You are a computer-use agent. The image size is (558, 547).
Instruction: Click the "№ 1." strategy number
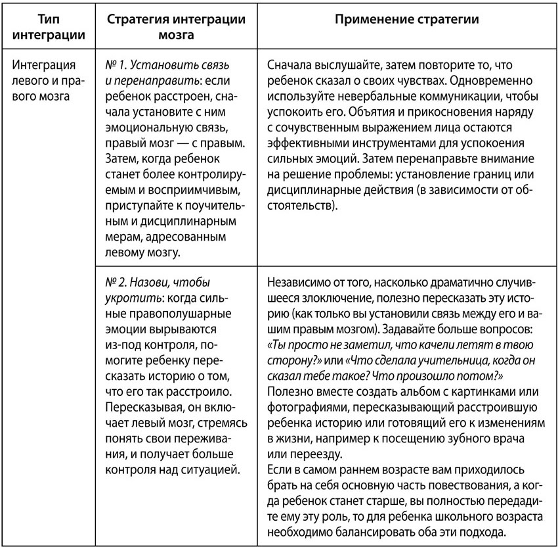click(x=117, y=66)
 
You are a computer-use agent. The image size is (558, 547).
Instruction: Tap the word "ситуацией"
click(x=209, y=469)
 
